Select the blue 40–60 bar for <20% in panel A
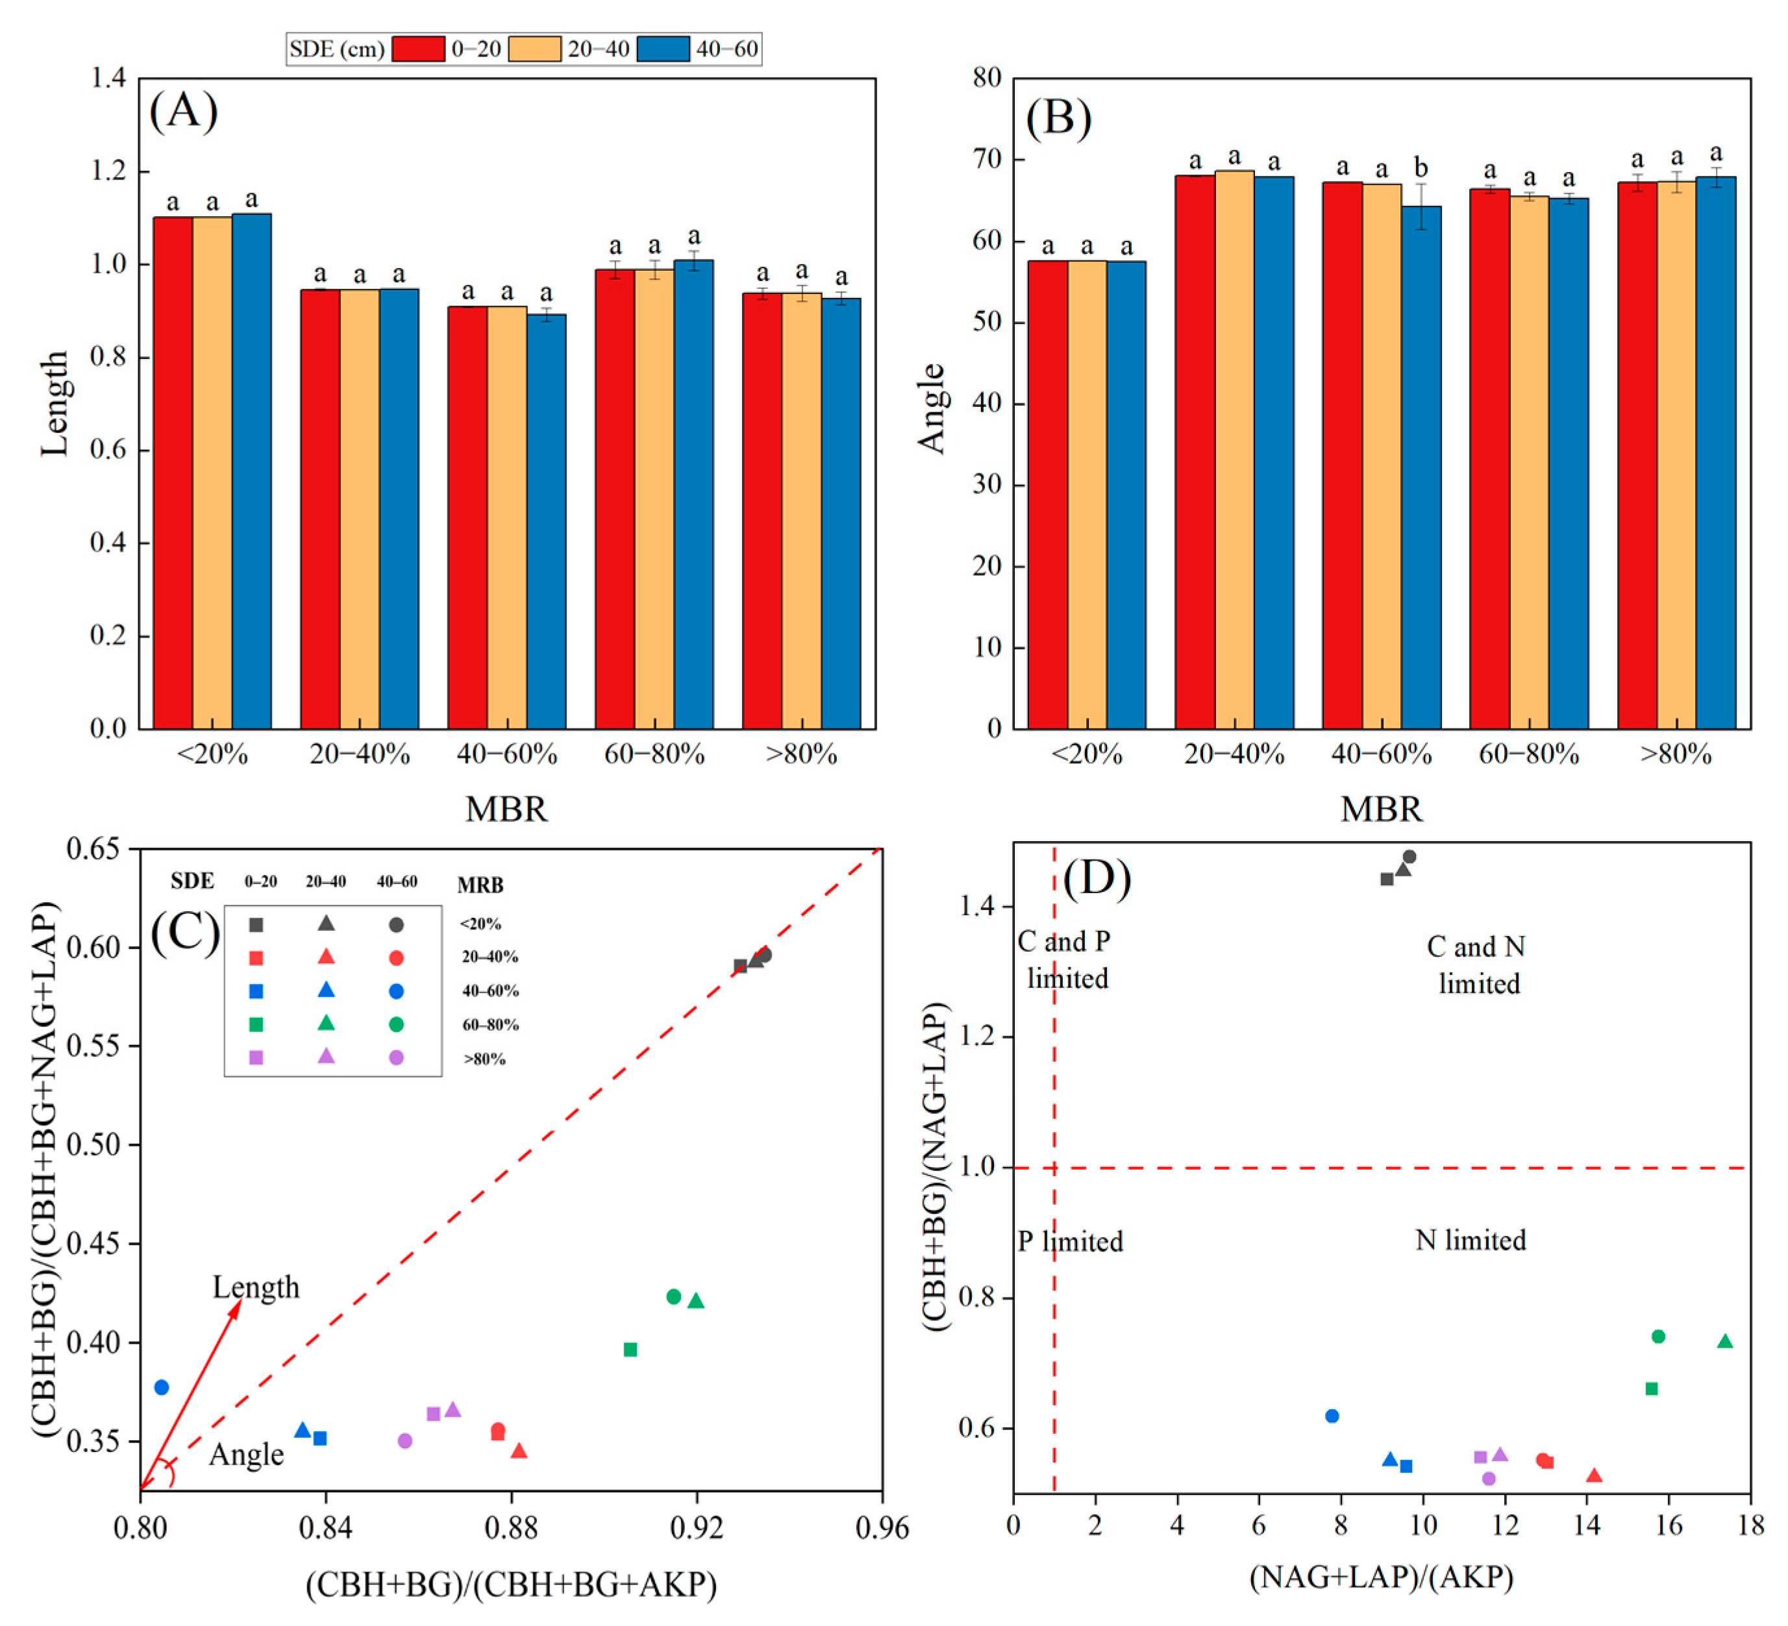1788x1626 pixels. coord(252,470)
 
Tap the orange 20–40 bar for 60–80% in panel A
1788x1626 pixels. coord(654,497)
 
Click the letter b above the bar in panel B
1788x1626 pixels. coord(1421,167)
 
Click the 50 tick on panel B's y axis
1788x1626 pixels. coord(987,322)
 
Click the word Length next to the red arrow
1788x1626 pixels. coord(255,1287)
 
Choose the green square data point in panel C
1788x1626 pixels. coord(630,1350)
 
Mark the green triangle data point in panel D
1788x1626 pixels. coord(1725,1342)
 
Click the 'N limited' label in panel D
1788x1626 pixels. coord(1471,1239)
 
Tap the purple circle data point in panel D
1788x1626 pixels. coord(1489,1479)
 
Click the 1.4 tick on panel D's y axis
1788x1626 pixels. coord(978,906)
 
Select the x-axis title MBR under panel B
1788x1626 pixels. coord(1381,809)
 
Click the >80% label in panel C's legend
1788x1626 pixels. coord(484,1059)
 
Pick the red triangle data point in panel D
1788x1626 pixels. coord(1594,1476)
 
